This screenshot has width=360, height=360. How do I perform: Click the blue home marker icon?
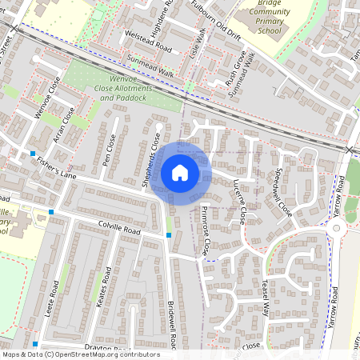point(180,172)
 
